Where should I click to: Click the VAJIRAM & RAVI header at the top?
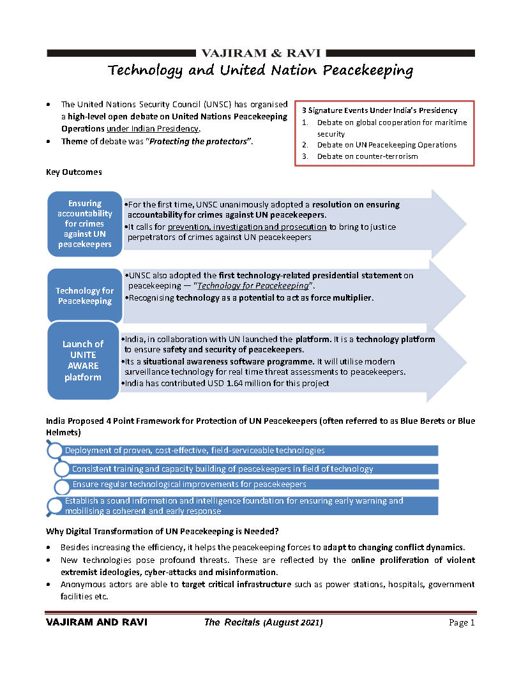pos(260,53)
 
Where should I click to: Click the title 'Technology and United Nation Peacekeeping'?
pos(260,70)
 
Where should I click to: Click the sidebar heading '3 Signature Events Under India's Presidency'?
pos(379,110)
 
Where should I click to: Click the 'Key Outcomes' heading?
pos(73,172)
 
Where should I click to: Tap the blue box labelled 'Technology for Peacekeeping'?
pos(85,296)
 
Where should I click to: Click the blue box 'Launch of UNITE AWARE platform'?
pos(83,361)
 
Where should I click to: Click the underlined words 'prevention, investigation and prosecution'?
pos(248,227)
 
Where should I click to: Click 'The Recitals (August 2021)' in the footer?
pos(264,622)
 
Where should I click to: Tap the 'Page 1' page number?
pos(462,622)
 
